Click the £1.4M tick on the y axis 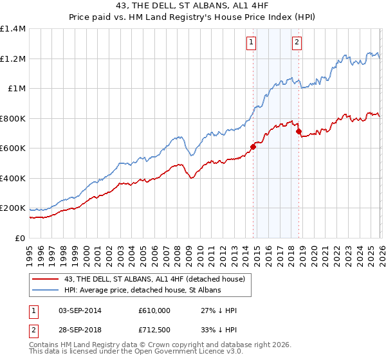(13, 29)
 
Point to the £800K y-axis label (13, 118)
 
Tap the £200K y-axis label (13, 208)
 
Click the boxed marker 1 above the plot (250, 43)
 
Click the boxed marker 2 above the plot (297, 43)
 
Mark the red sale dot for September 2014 (253, 147)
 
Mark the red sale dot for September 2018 (299, 131)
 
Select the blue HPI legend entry (142, 291)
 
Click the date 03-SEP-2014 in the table (80, 310)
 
